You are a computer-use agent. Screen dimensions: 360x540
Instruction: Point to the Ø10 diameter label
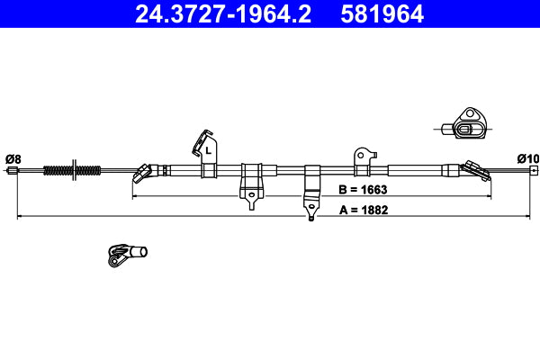pos(528,159)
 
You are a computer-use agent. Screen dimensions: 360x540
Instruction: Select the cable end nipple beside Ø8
pos(13,170)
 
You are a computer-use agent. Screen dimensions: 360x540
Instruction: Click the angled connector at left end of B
pos(144,170)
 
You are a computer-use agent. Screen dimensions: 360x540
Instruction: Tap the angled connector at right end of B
pos(472,168)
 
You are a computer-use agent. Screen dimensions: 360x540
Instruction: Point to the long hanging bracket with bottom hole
pos(311,191)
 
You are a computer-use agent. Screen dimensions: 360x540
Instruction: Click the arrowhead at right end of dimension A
pos(528,217)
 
